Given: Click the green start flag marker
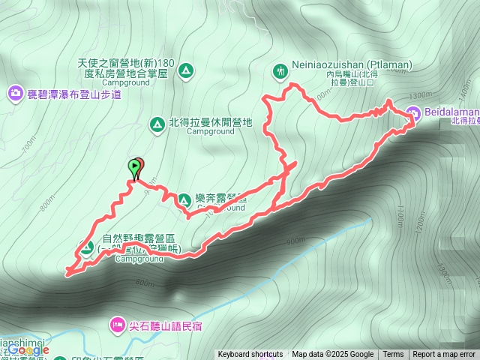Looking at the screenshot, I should point(135,166).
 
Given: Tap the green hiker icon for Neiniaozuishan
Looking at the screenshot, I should point(280,71).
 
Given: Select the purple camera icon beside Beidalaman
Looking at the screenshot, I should point(413,114).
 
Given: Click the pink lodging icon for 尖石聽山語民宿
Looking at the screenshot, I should point(118,325).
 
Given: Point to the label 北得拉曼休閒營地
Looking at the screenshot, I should point(210,122).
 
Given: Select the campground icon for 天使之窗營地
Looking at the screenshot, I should point(186,71).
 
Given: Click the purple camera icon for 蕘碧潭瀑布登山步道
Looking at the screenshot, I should point(16,93).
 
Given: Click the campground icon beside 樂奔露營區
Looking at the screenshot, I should point(183,199).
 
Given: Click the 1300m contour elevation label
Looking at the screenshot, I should point(422,95).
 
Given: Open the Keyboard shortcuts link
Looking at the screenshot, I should point(250,355).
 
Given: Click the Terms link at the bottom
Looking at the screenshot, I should point(393,355).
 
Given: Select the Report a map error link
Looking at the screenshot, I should point(445,355).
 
